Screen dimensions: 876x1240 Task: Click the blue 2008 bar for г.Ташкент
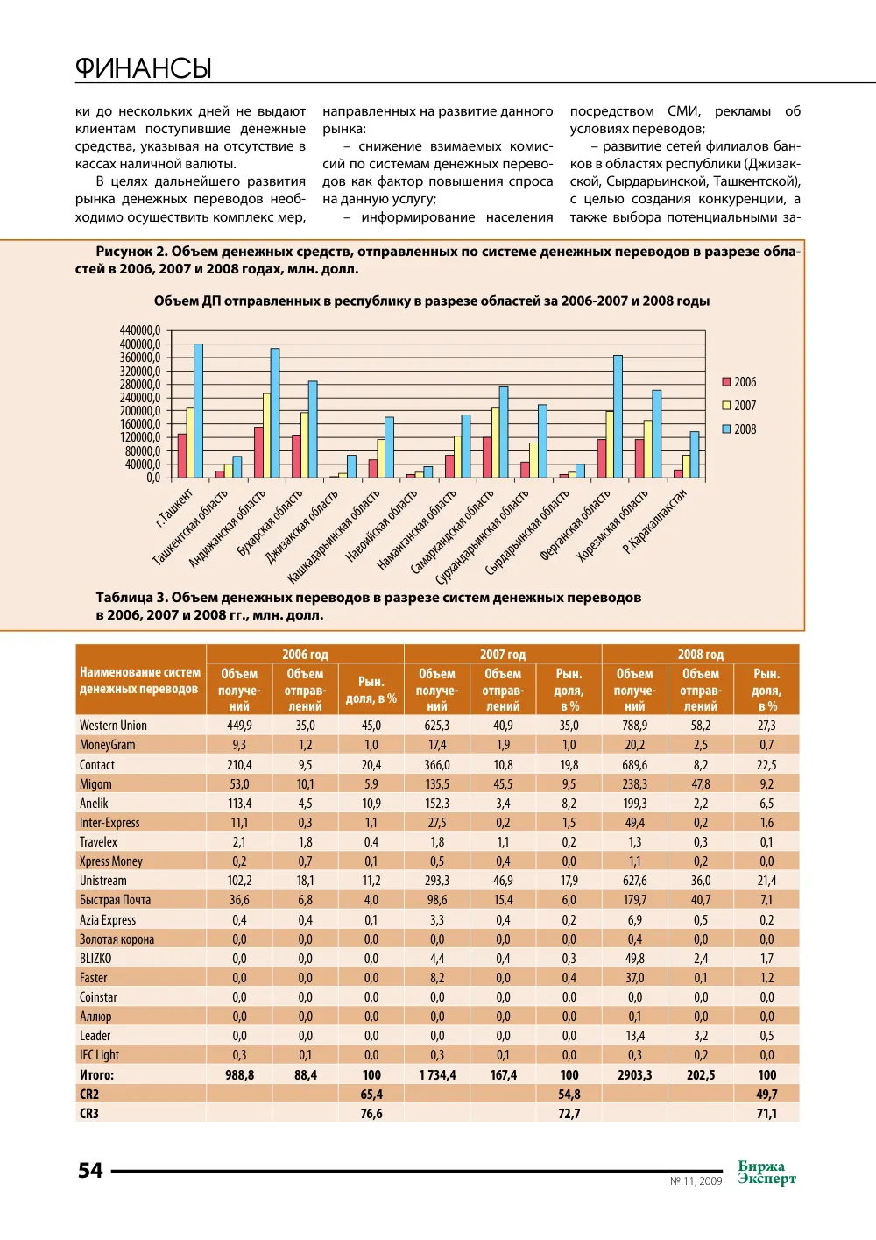(198, 411)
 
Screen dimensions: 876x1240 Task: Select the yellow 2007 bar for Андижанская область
(266, 436)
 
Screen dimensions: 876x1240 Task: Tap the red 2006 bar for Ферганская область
(601, 458)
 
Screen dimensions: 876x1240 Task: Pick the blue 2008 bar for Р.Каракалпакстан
(695, 455)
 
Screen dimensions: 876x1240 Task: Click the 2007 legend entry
(739, 405)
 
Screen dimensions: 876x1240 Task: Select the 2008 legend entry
(739, 429)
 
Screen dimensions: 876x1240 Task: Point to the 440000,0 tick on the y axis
(140, 330)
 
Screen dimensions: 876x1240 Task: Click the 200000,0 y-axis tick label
(140, 411)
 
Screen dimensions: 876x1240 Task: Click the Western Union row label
(113, 726)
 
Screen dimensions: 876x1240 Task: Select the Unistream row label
(102, 880)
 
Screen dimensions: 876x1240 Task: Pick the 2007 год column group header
(503, 655)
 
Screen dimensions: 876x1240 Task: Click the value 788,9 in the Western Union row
(634, 726)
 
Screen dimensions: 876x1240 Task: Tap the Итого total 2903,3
(634, 1075)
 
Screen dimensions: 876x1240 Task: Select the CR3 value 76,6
(371, 1113)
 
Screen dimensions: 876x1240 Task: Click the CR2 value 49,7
(766, 1095)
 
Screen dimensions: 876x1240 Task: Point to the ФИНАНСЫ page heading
(144, 68)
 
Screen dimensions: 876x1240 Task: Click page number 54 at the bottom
(90, 1171)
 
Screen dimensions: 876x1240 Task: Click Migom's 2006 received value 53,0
(239, 783)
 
